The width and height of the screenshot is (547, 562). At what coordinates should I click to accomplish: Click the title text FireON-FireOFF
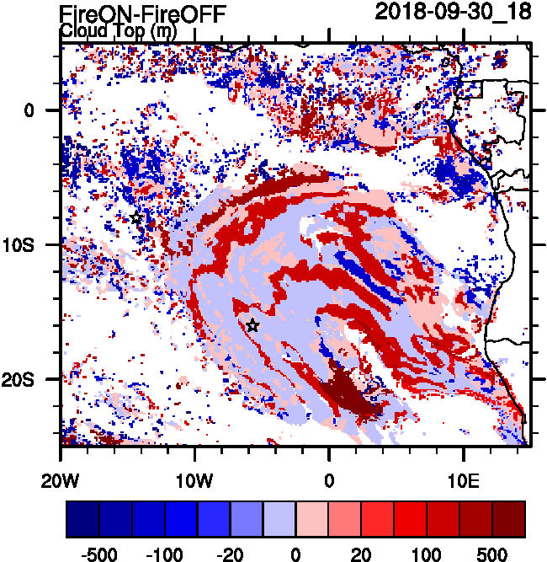pyautogui.click(x=143, y=13)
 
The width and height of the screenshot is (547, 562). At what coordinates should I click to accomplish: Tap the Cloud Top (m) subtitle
pyautogui.click(x=119, y=31)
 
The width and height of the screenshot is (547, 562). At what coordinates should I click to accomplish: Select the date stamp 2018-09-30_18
pyautogui.click(x=447, y=12)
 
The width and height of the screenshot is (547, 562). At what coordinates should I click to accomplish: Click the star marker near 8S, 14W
pyautogui.click(x=136, y=218)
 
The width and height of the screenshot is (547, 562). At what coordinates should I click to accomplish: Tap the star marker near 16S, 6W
pyautogui.click(x=252, y=325)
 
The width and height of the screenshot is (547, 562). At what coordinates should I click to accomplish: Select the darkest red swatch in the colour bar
pyautogui.click(x=509, y=518)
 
